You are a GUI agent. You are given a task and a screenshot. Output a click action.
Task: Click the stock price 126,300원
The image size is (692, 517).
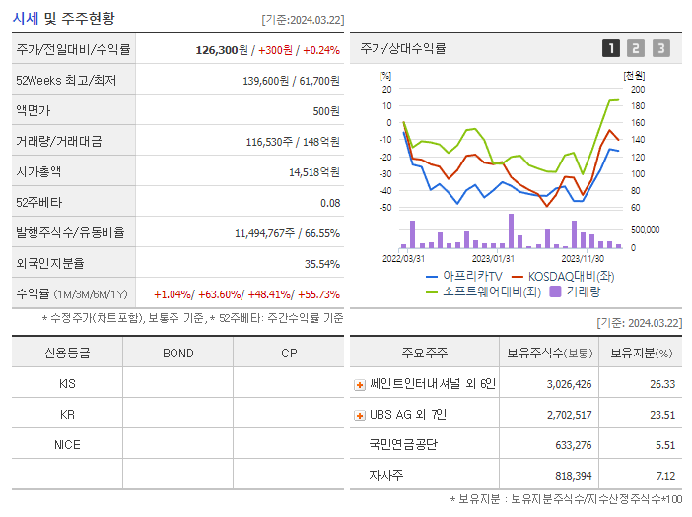[x=225, y=49]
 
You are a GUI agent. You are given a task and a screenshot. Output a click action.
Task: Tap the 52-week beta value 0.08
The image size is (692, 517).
[x=329, y=202]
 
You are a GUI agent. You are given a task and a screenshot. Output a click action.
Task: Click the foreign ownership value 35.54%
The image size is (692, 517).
[x=321, y=263]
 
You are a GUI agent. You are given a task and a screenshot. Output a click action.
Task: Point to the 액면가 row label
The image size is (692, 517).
[x=37, y=110]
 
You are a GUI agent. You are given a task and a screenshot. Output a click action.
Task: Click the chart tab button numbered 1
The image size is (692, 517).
[x=611, y=48]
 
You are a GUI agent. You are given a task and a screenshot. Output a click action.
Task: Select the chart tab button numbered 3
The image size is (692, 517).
[x=660, y=48]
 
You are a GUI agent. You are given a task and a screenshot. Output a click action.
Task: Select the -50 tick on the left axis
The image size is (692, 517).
[x=385, y=208]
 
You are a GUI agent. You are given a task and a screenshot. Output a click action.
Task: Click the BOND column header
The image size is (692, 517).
[x=177, y=353]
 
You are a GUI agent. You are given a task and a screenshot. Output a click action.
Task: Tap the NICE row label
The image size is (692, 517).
[x=67, y=444]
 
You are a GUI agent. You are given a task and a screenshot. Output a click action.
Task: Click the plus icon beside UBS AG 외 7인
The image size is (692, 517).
[x=360, y=415]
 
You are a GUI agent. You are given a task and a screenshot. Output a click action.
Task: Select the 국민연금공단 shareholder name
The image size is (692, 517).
[x=402, y=444]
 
